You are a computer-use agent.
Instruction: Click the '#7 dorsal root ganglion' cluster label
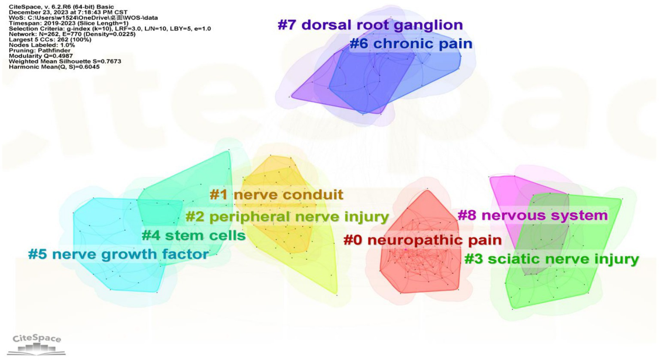point(370,25)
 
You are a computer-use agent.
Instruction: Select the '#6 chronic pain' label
point(411,44)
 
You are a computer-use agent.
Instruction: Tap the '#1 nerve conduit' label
point(276,195)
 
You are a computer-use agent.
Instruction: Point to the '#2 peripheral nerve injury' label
point(287,217)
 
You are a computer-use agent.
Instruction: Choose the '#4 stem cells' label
point(194,236)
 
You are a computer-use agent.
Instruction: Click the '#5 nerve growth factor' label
point(118,254)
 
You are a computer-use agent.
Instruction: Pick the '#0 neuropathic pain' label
point(422,240)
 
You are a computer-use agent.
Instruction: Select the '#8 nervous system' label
point(533,215)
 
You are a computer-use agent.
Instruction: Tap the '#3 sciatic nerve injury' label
point(552,259)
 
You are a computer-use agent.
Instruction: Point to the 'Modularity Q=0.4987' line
point(41,56)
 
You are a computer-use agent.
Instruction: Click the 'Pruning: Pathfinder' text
point(39,50)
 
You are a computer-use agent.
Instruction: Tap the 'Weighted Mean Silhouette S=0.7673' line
point(65,61)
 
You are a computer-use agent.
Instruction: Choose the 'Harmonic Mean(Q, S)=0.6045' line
point(54,67)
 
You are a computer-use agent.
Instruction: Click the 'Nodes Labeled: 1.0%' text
point(42,45)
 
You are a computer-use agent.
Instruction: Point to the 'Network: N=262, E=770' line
point(72,34)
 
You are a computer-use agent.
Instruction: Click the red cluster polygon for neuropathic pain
point(419,270)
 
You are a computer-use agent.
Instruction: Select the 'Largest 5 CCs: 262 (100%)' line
point(50,39)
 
